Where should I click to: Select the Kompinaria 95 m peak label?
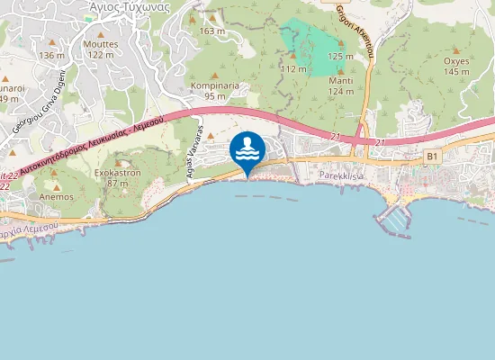click(215, 91)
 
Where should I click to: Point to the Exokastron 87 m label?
click(118, 178)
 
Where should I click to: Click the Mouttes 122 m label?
click(100, 49)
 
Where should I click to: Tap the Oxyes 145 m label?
click(456, 66)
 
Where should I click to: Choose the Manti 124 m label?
click(340, 85)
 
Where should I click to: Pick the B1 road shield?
click(433, 157)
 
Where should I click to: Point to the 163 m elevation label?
click(212, 31)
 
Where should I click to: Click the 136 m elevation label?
click(51, 55)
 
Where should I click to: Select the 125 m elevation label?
click(340, 56)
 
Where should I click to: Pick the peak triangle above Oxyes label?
click(455, 50)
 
